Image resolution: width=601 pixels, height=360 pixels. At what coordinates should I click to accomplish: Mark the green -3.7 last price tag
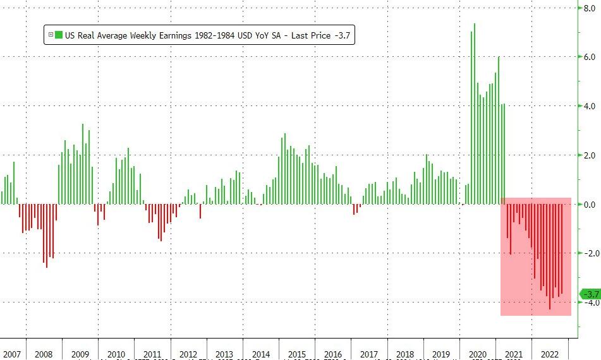tap(590, 294)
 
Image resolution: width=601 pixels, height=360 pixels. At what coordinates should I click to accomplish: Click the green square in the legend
tap(59, 35)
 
